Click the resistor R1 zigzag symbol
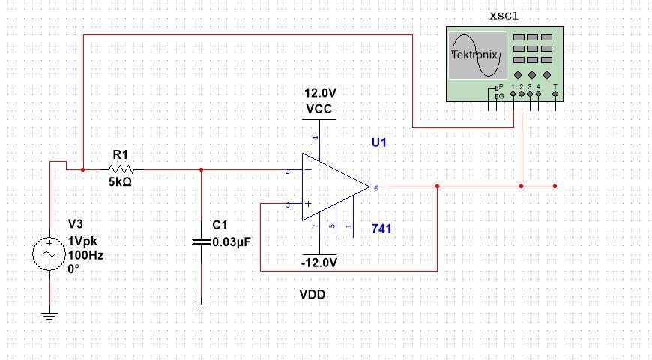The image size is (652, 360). [x=121, y=169]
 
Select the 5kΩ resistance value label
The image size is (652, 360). [x=121, y=182]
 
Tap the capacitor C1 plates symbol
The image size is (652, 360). [x=201, y=241]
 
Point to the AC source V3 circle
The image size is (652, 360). [x=49, y=254]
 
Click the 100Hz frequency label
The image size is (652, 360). [x=86, y=255]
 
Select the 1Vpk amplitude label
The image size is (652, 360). [x=82, y=241]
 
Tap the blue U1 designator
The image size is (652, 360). [x=381, y=142]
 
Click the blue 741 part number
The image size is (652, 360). [x=382, y=229]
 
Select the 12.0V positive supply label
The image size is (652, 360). [x=320, y=94]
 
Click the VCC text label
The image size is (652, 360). [x=319, y=109]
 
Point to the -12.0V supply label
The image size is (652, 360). [x=319, y=262]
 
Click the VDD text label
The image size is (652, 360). [x=313, y=295]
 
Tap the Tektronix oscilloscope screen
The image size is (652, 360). [x=475, y=55]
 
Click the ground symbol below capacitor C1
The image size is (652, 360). [x=201, y=307]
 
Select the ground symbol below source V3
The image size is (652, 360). [x=49, y=315]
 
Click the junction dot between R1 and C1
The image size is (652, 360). [x=201, y=169]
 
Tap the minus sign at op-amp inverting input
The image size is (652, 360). [x=307, y=172]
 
